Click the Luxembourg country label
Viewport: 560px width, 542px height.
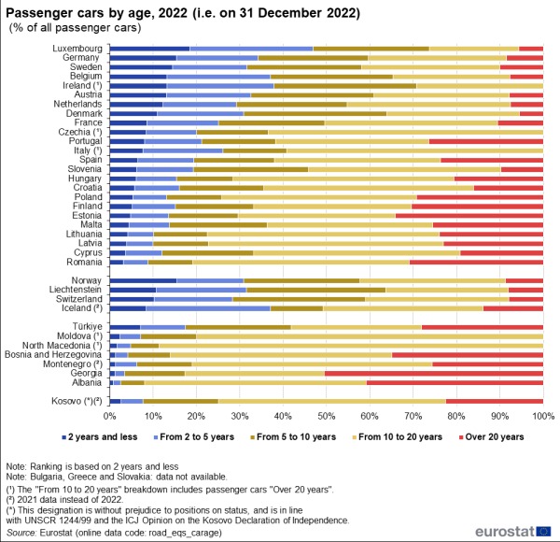click(x=76, y=48)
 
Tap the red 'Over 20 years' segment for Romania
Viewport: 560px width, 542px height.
click(x=476, y=262)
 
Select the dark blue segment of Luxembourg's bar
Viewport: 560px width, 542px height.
click(x=149, y=48)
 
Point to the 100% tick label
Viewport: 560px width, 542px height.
click(x=542, y=416)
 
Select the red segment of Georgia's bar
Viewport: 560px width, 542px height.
click(x=434, y=373)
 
